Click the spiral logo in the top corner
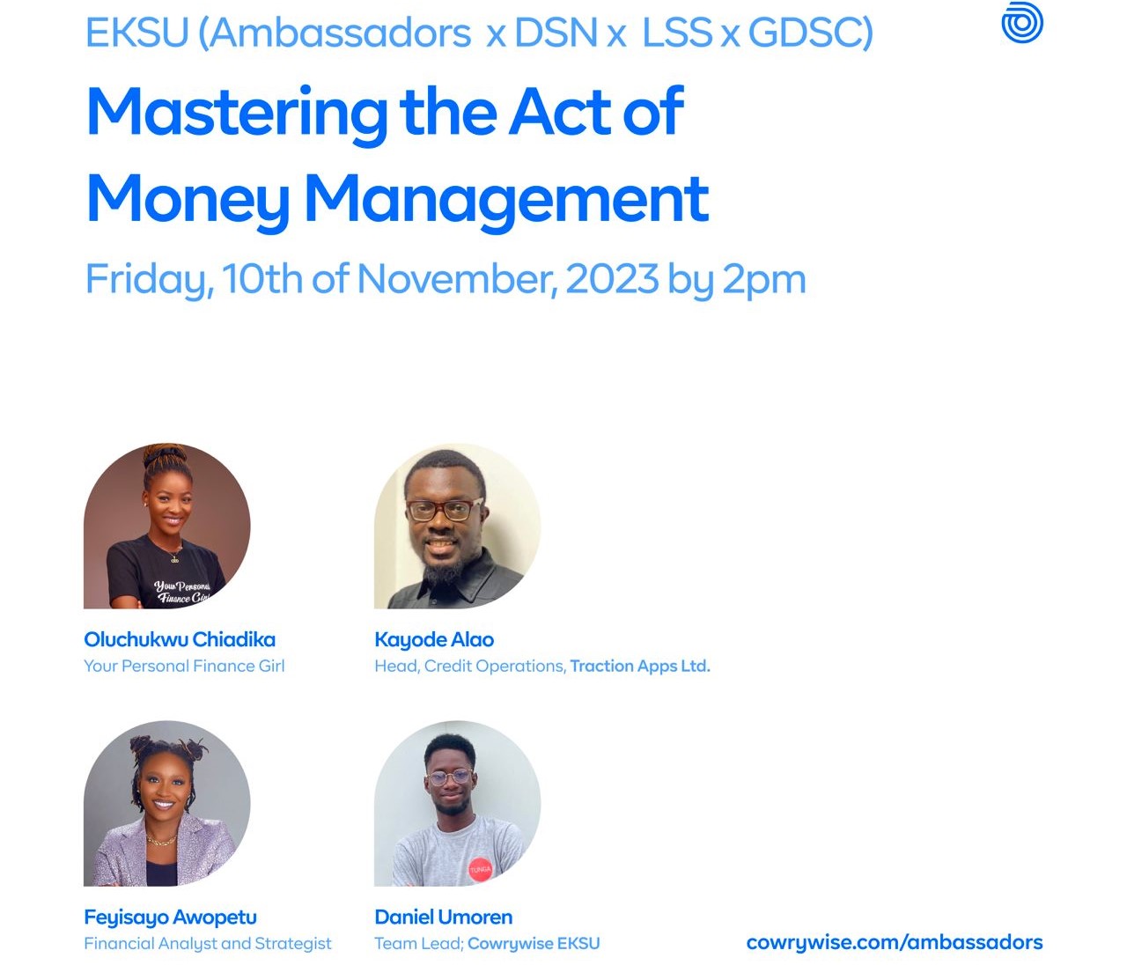point(1021,22)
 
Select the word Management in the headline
point(506,201)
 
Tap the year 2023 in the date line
point(612,278)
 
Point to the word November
point(458,279)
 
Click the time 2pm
point(764,282)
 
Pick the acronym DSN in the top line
point(556,33)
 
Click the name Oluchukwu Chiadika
point(180,639)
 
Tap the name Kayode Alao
point(434,640)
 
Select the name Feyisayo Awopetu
point(170,917)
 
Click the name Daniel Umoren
point(443,917)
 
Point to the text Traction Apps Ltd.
point(640,667)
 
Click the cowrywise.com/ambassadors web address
point(895,942)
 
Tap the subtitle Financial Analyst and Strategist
point(208,944)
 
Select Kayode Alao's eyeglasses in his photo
point(445,510)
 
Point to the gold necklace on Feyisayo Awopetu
point(161,840)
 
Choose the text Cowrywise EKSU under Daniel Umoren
point(534,944)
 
